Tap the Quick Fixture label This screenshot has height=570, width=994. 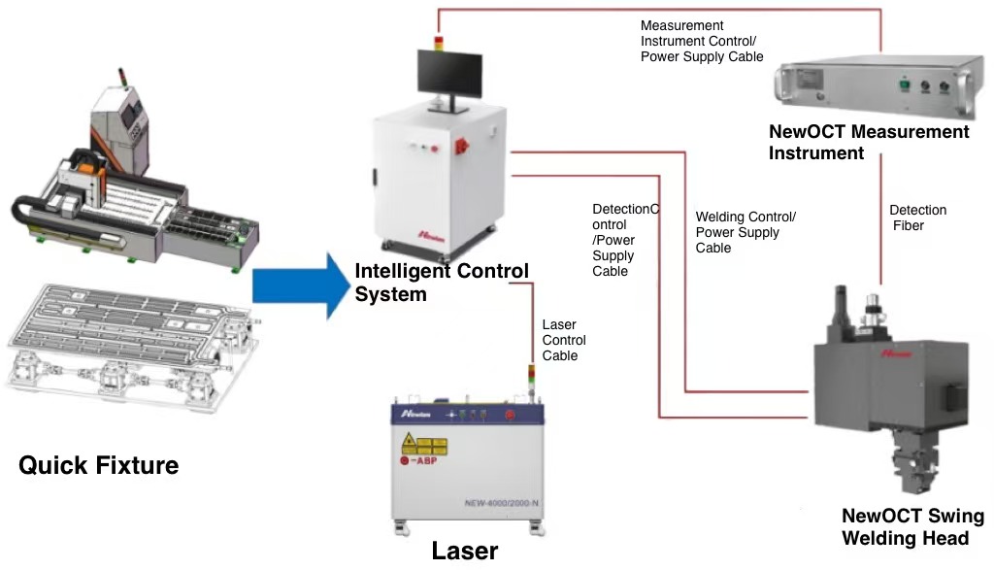coord(99,465)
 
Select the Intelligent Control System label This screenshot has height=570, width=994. coord(442,282)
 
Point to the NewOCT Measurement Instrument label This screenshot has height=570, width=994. coord(869,142)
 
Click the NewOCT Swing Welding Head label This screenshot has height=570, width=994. coord(911,527)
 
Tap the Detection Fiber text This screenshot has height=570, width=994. coord(917,218)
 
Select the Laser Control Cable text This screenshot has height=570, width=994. coord(564,340)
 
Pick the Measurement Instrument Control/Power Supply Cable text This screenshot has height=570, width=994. coord(701,41)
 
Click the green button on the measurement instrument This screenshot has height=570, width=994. coord(905,84)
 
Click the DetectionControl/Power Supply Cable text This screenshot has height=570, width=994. coord(624,240)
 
